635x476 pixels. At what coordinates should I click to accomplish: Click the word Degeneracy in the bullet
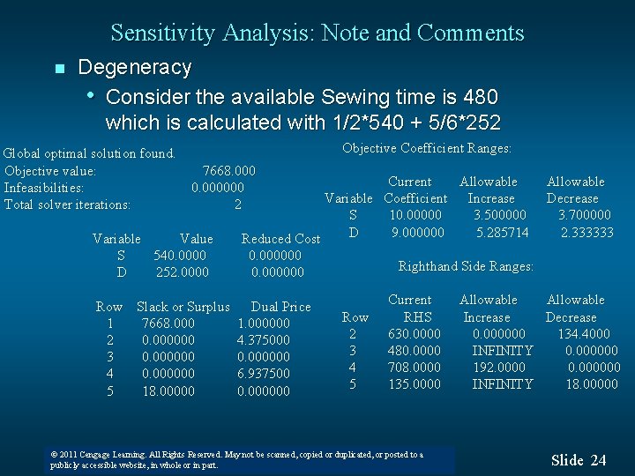134,67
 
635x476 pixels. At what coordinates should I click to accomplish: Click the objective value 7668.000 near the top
228,170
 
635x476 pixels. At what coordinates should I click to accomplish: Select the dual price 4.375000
263,340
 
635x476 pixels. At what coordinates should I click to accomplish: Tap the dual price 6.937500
263,374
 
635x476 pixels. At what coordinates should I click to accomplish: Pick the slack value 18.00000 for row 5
168,390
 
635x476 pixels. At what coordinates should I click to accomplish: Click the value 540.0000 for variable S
181,256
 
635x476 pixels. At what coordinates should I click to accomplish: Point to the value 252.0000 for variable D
183,272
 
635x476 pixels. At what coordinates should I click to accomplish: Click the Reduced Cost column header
280,239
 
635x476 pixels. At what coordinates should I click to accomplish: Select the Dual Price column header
280,307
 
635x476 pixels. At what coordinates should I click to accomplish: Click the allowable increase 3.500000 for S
499,215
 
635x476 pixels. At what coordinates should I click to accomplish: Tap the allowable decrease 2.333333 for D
586,233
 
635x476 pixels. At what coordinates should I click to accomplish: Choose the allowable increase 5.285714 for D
502,233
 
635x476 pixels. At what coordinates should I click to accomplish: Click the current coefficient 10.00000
415,215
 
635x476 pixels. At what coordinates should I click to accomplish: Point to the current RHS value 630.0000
414,334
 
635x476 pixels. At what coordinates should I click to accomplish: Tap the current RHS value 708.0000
414,368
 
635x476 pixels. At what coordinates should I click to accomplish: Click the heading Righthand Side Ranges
466,266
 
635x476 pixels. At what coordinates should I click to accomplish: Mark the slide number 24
598,460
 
